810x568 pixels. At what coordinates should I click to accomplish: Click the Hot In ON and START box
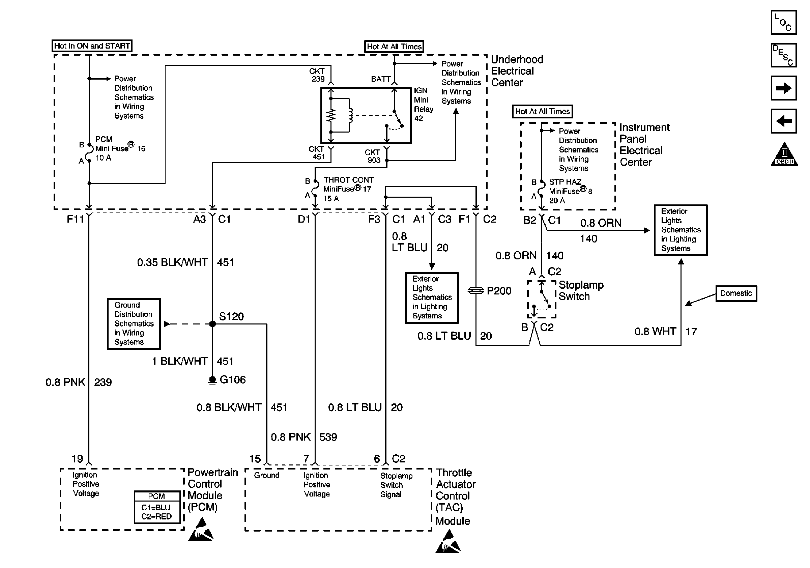(92, 46)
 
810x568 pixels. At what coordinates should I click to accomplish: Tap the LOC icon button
(784, 23)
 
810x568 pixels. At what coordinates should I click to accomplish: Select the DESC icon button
(784, 55)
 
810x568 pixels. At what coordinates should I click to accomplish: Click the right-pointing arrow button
(784, 88)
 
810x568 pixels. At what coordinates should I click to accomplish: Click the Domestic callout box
(736, 293)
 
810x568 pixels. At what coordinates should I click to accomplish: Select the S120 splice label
(231, 316)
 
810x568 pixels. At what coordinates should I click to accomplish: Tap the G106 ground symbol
(212, 381)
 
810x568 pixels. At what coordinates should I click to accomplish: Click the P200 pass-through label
(498, 291)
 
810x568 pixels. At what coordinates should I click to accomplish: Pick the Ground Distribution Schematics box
(134, 323)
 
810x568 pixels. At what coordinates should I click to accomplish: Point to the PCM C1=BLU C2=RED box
(157, 507)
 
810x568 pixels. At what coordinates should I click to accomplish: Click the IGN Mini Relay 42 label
(423, 105)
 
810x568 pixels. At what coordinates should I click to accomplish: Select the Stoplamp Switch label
(581, 291)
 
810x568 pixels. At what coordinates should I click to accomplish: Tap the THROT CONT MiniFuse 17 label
(348, 189)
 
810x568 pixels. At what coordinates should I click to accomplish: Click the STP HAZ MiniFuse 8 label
(570, 191)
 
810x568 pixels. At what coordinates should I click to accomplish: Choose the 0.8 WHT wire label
(655, 332)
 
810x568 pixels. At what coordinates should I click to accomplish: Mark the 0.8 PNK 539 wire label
(304, 437)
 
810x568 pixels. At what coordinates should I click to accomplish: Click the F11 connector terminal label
(75, 219)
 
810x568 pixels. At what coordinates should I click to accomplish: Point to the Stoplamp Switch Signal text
(396, 485)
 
